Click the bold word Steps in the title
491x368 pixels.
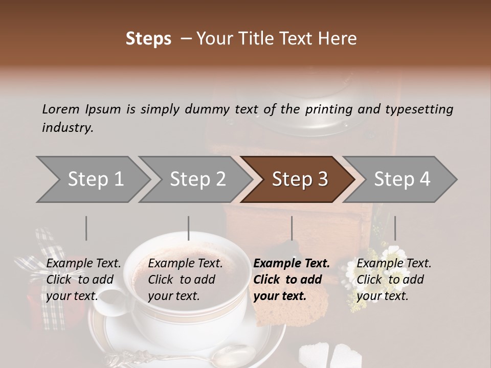[x=148, y=39]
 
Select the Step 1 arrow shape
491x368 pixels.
[x=92, y=179]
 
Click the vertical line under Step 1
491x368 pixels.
[x=86, y=228]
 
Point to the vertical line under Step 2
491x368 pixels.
[x=189, y=228]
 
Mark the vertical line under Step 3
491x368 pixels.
[x=292, y=228]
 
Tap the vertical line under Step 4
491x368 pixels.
[x=395, y=228]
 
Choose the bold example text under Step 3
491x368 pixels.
[x=291, y=280]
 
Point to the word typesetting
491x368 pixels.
[x=419, y=109]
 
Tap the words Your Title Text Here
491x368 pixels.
[x=276, y=39]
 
